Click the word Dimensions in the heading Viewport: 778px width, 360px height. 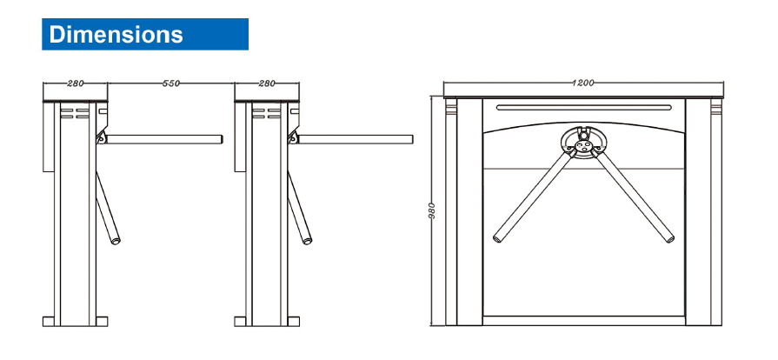(x=116, y=34)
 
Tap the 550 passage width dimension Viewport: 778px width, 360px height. (x=170, y=83)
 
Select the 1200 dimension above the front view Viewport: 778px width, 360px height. (x=582, y=83)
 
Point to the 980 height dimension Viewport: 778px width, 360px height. (x=432, y=211)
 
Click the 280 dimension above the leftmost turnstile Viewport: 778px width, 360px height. (x=76, y=83)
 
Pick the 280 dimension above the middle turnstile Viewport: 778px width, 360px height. (x=267, y=83)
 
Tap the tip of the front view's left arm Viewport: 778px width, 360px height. (x=496, y=239)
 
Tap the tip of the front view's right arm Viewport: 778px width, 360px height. (x=670, y=239)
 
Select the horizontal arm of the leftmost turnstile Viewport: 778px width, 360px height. (x=164, y=139)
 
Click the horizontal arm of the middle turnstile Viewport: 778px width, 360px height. (x=356, y=139)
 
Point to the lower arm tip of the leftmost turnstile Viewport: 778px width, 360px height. (x=116, y=241)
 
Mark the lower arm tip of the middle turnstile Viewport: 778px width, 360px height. (x=308, y=241)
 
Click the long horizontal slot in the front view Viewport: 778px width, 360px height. (x=583, y=107)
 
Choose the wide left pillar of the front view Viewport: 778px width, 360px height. (x=469, y=212)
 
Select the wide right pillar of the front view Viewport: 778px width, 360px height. (x=698, y=212)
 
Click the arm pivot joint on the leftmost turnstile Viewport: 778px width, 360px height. (x=102, y=138)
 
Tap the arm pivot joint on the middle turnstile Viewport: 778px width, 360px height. (x=293, y=138)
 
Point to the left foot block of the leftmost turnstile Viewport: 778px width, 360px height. (x=49, y=321)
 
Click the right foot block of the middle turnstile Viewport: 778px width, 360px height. (x=293, y=321)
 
